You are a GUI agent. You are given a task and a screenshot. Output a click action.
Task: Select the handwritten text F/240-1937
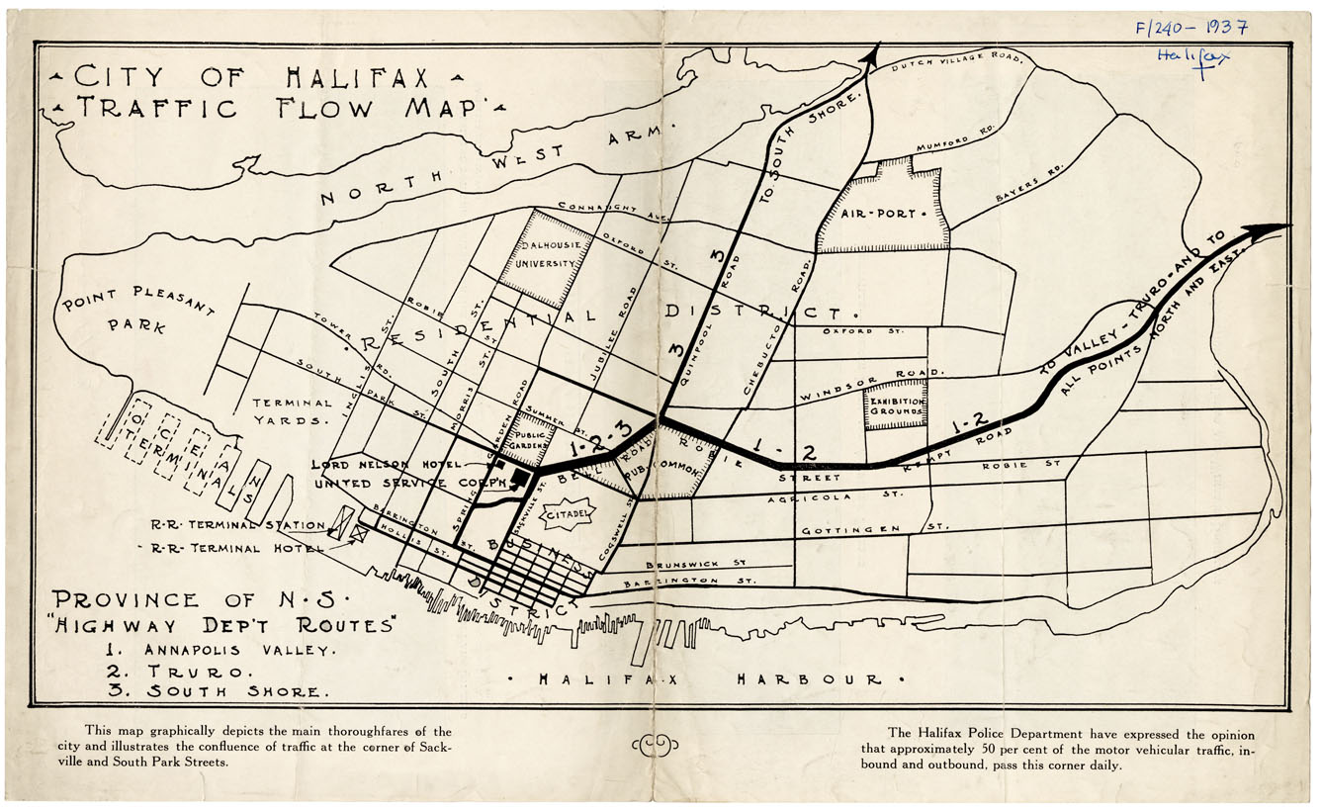tap(1190, 28)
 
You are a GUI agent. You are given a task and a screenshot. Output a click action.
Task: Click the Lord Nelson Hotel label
tap(387, 464)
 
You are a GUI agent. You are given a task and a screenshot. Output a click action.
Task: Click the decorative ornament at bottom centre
tap(654, 745)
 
